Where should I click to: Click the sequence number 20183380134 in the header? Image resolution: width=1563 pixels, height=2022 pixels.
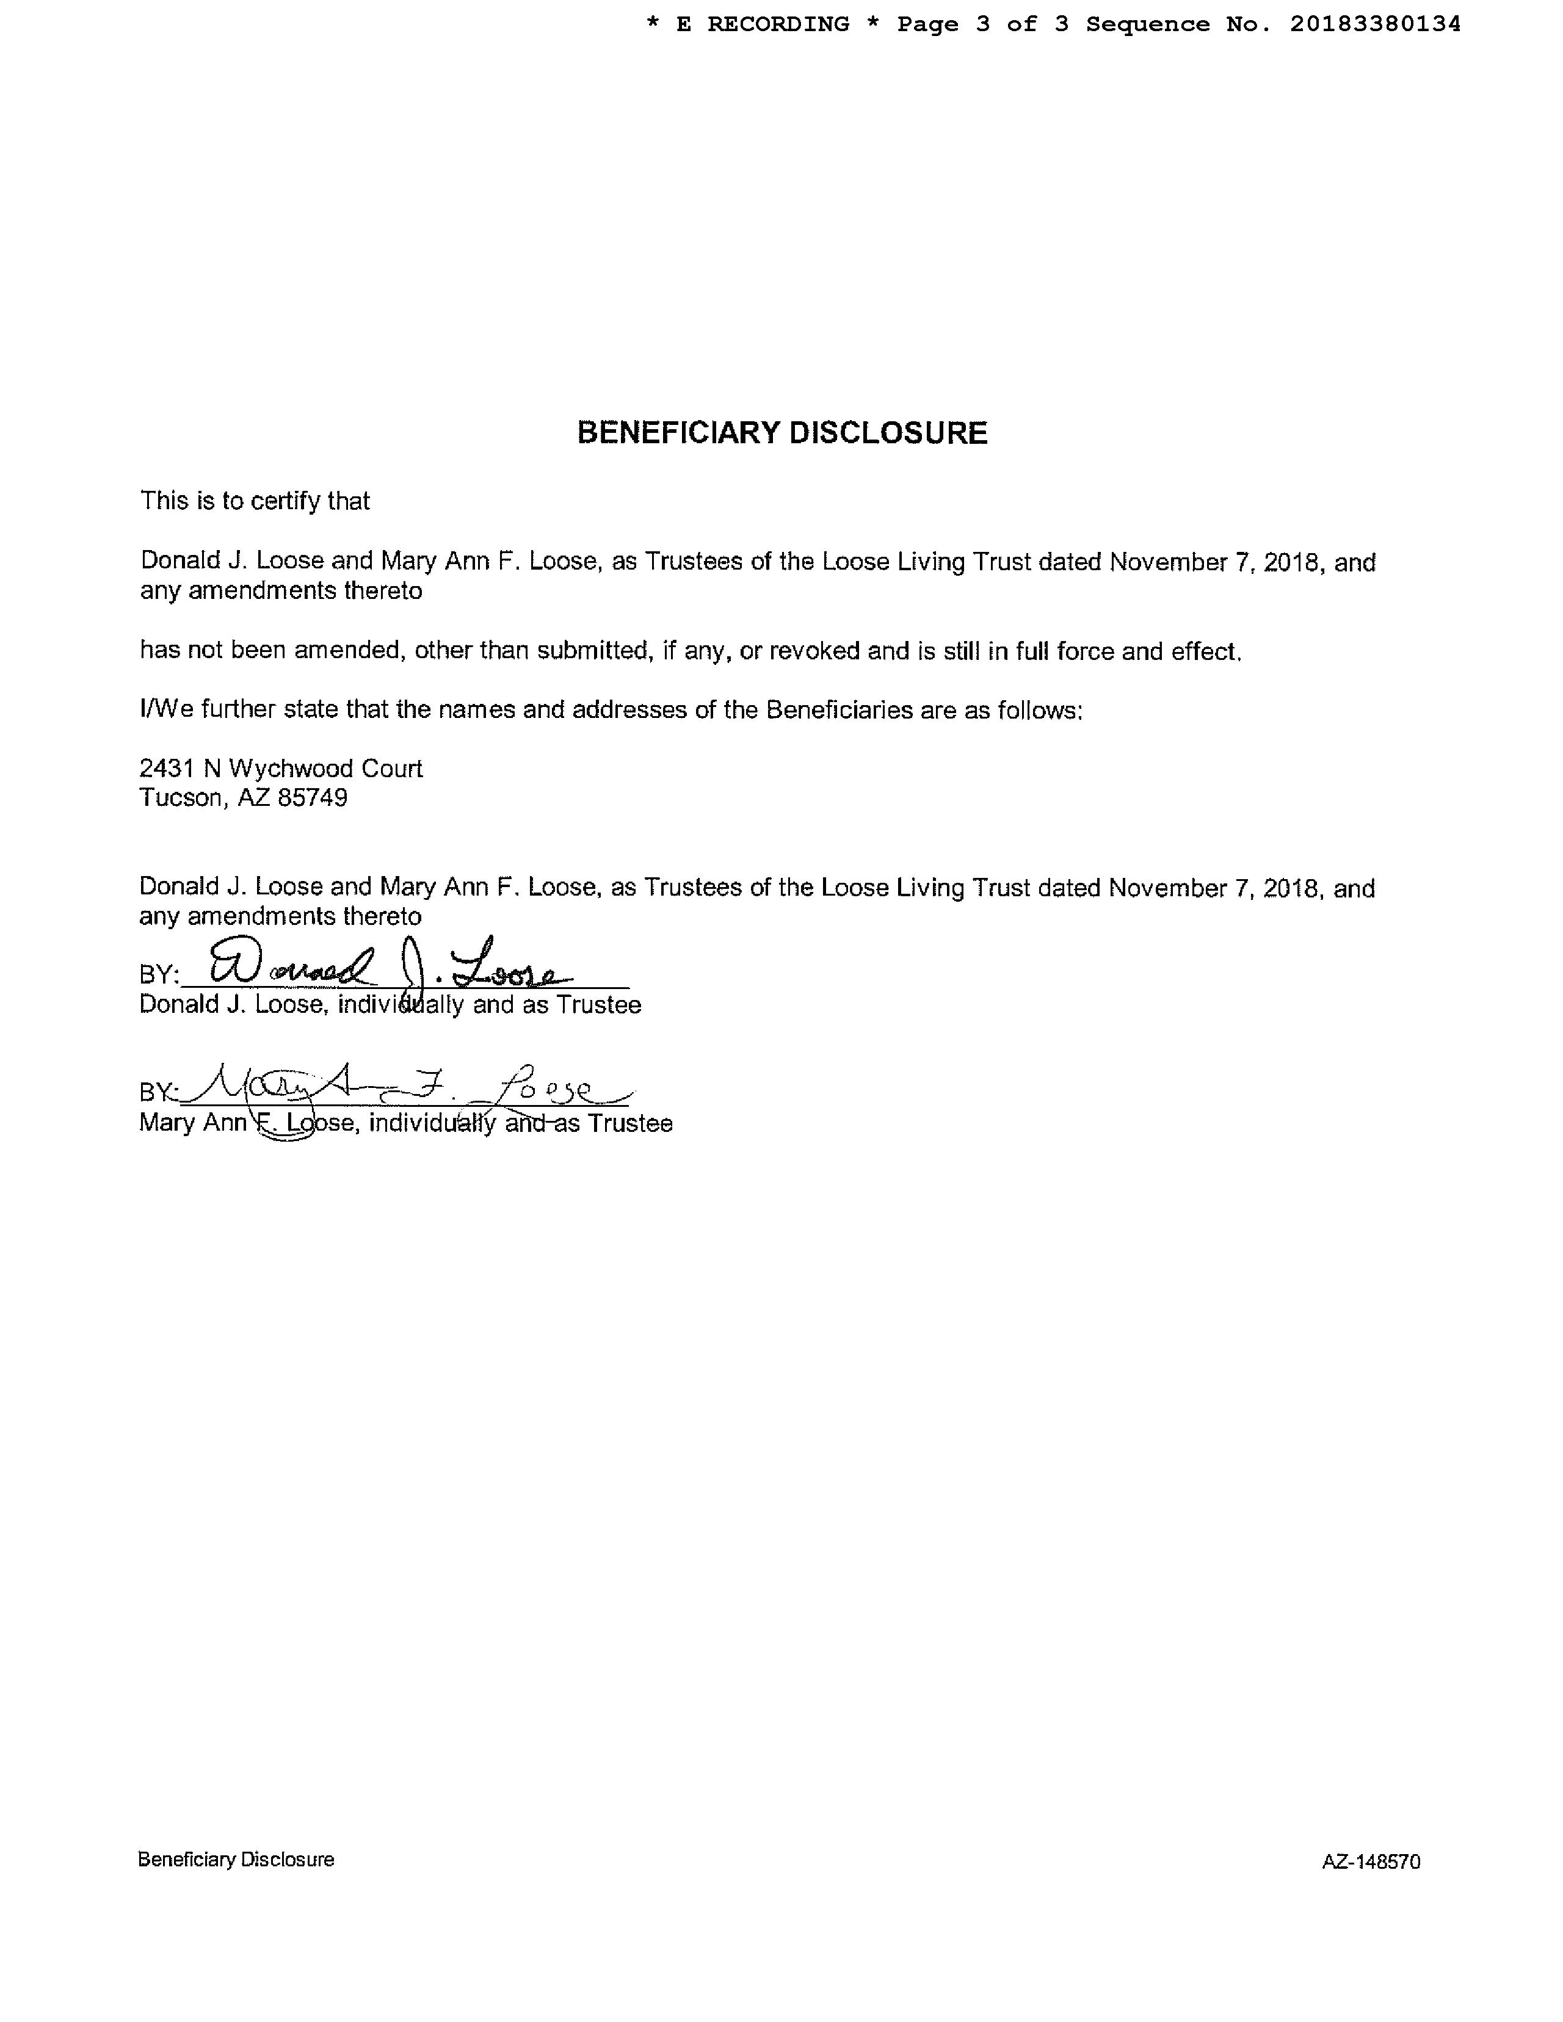[x=1375, y=24]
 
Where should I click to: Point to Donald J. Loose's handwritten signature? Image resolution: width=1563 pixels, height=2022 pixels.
[x=389, y=965]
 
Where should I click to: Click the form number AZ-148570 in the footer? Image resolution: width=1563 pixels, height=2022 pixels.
[x=1371, y=1862]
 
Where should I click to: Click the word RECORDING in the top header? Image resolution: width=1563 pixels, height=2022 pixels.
[x=778, y=24]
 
